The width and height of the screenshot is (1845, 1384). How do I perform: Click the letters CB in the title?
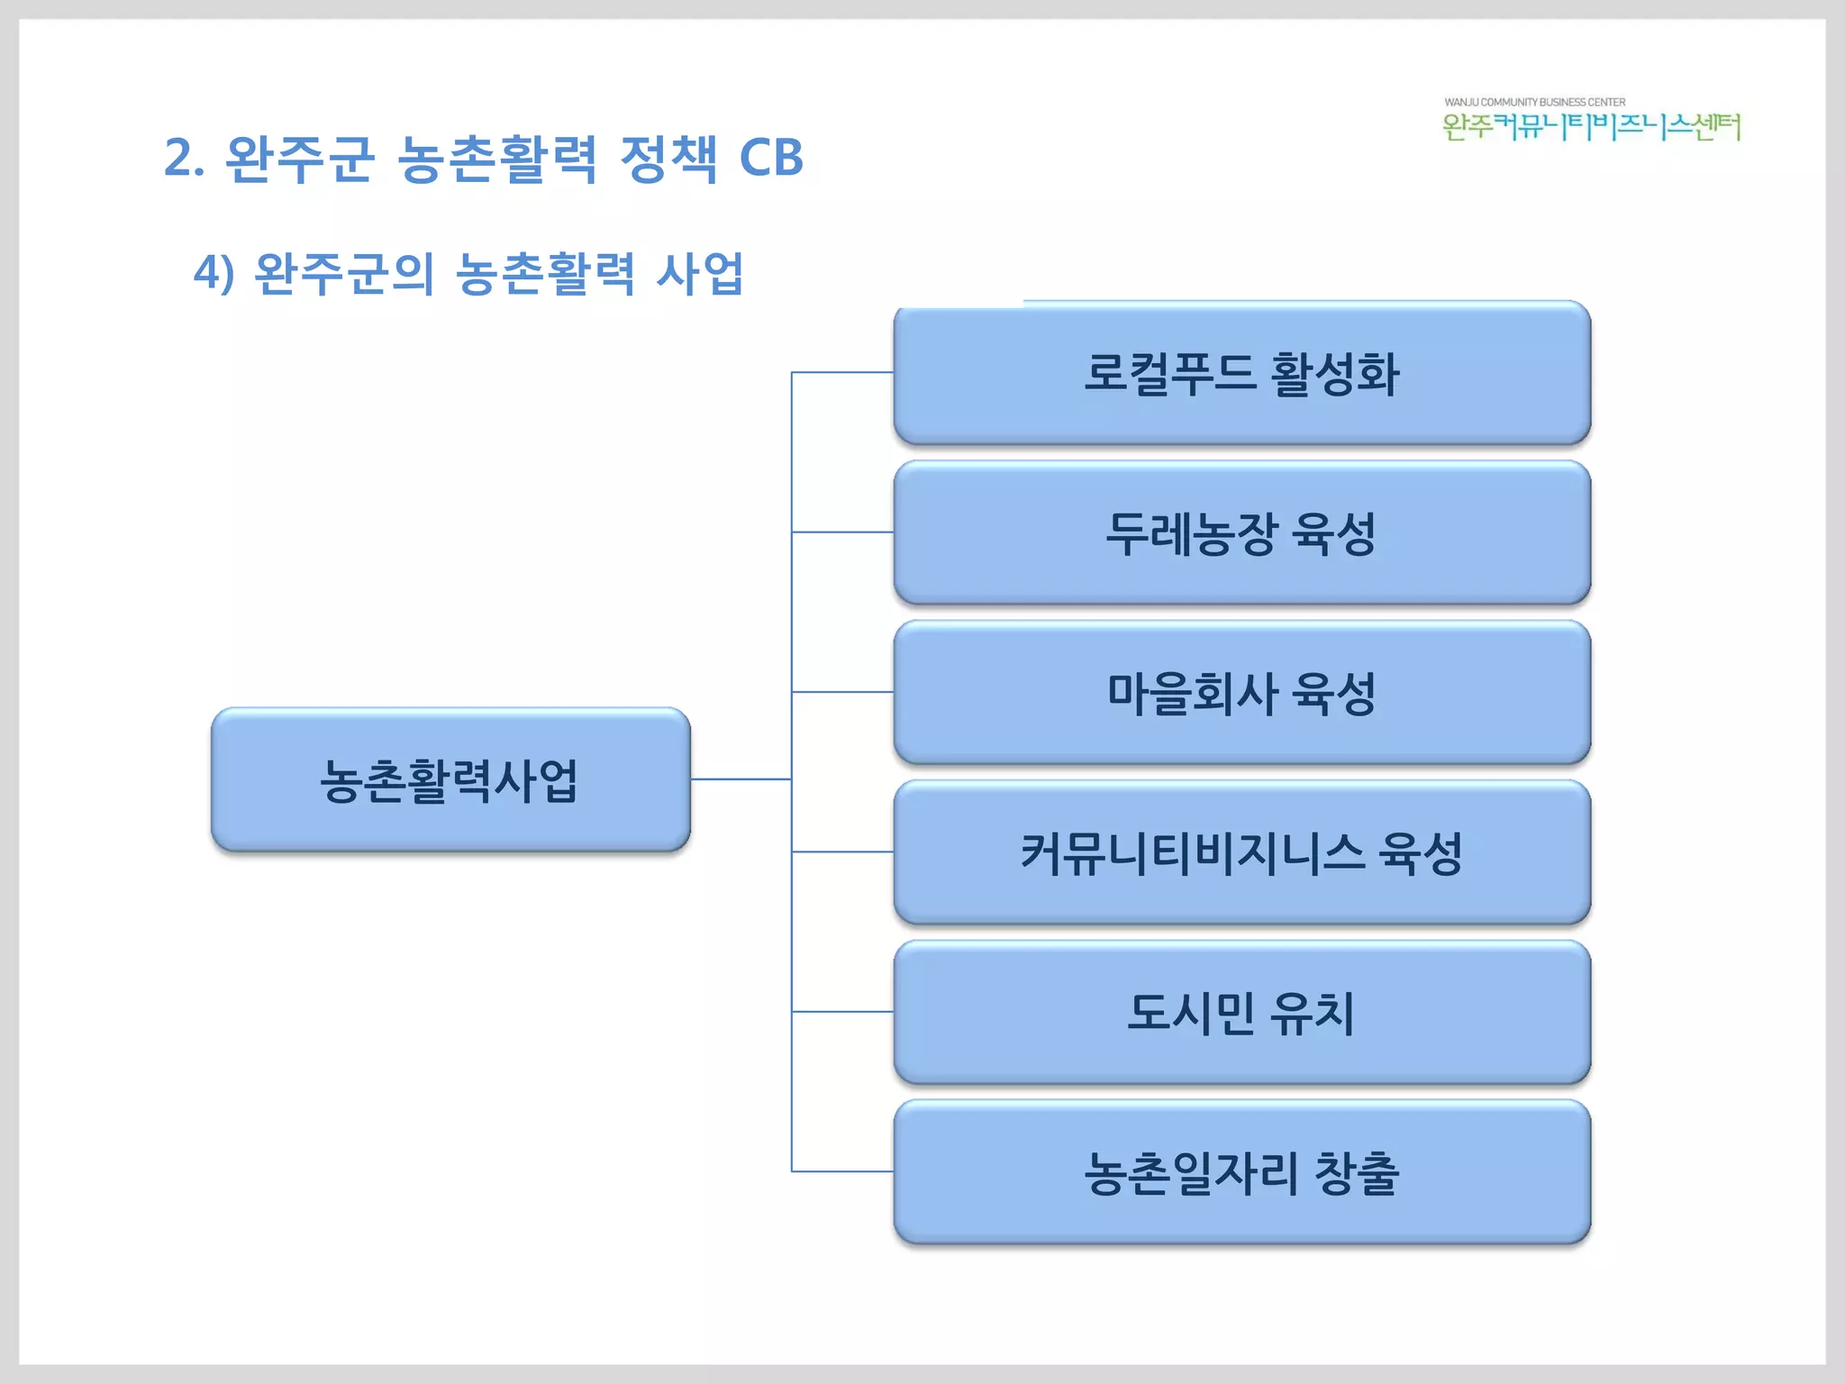tap(770, 159)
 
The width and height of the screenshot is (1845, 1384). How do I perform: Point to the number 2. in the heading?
tap(184, 159)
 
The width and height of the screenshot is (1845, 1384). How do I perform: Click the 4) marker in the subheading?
tap(214, 273)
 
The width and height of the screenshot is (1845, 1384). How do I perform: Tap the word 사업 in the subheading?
tap(700, 273)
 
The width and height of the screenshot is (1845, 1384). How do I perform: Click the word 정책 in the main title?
tap(668, 159)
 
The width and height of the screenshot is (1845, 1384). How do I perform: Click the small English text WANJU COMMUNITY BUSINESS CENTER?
tap(1534, 102)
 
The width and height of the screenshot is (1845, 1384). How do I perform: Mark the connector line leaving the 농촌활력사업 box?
tap(741, 778)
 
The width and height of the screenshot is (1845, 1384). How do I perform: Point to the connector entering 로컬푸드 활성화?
tap(842, 372)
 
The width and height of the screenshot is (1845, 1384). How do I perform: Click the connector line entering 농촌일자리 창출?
tap(842, 1171)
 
